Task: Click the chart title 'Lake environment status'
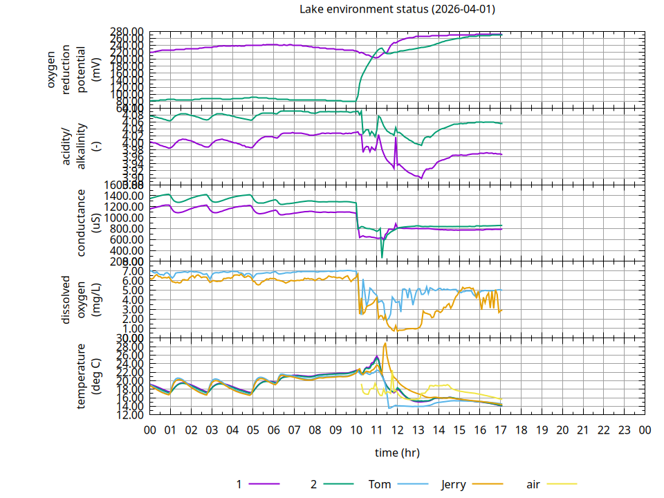[397, 9]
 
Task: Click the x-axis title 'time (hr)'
[397, 453]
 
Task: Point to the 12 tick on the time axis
[398, 430]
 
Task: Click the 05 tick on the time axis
[253, 430]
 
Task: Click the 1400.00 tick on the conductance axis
[127, 196]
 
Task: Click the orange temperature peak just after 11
[385, 344]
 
